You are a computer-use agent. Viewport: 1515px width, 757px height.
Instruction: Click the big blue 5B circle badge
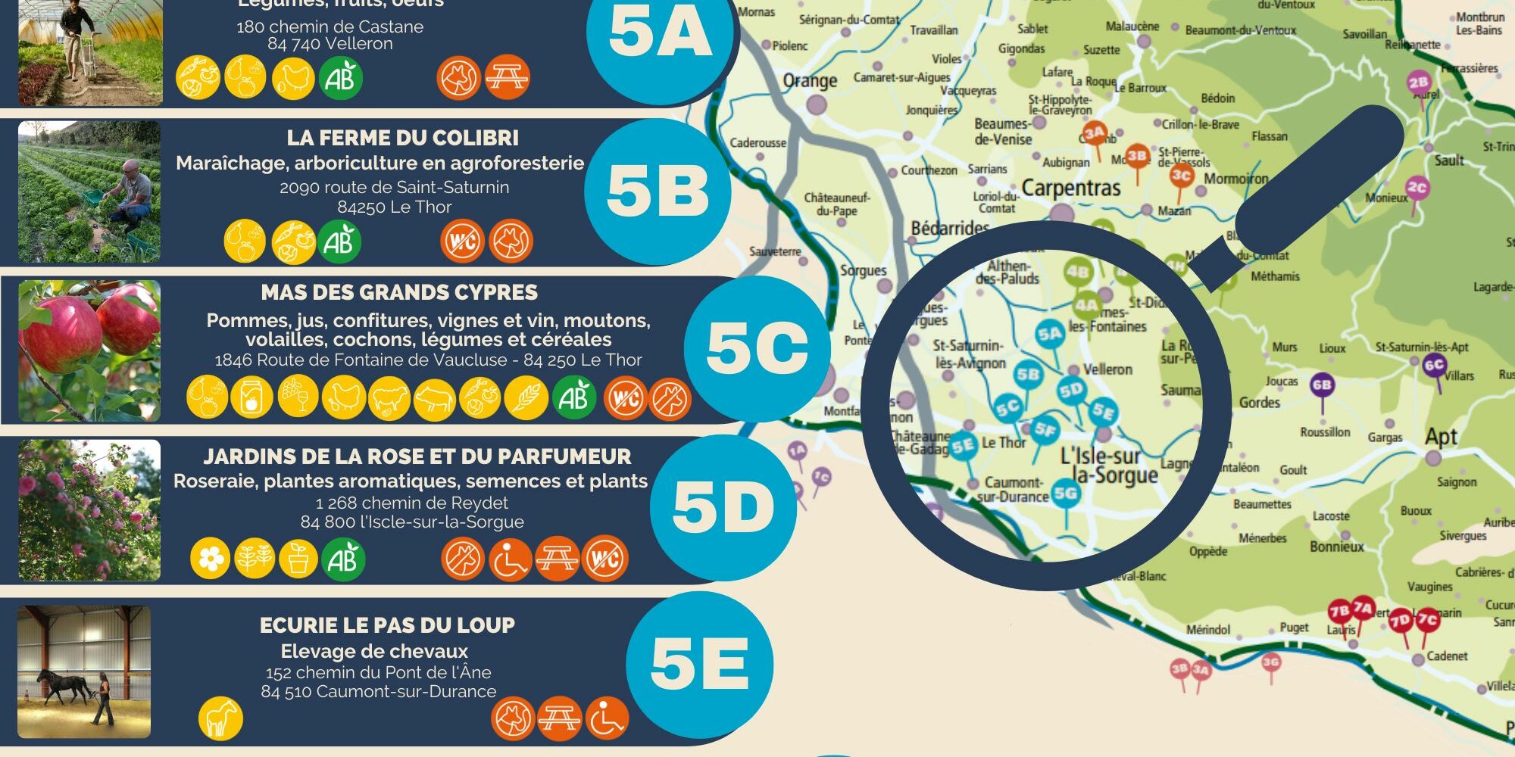pos(658,191)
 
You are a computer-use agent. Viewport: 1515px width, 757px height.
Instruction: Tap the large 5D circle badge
pos(723,506)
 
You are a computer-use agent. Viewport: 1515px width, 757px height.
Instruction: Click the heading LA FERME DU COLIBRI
pos(402,139)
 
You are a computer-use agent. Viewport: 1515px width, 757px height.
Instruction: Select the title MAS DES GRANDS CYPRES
pos(399,293)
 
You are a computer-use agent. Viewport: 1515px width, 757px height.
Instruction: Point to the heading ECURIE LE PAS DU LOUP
pos(387,625)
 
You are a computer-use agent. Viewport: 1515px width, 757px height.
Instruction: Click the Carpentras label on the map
pos(1070,187)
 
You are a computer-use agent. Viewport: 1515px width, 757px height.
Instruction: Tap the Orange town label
pos(810,81)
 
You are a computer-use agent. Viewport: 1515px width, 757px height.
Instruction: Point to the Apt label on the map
pos(1441,437)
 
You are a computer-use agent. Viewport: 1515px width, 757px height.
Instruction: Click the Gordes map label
pos(1259,403)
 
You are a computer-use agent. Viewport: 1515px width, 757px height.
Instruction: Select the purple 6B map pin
pos(1322,385)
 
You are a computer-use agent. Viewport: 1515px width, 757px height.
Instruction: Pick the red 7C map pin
pos(1427,620)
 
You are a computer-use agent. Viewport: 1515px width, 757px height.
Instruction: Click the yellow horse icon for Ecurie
pos(220,717)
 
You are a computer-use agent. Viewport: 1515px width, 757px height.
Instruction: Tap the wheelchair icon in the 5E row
pos(607,718)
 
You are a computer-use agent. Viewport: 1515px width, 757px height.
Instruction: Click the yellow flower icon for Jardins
pos(211,559)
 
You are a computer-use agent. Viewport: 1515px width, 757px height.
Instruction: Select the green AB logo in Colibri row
pos(339,241)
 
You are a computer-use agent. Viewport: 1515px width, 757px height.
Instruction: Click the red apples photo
pos(89,350)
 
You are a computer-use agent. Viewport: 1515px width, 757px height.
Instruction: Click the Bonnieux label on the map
pos(1337,547)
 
